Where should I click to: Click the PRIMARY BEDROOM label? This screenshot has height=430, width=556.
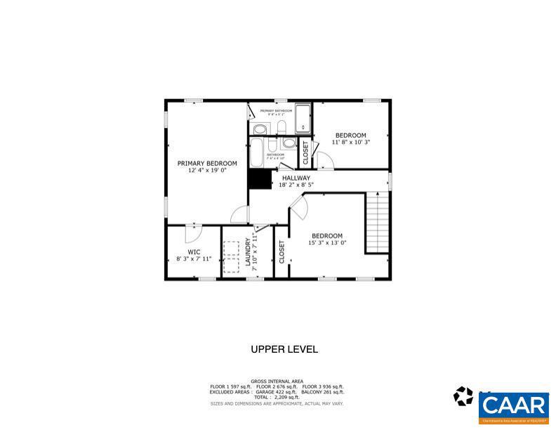point(206,163)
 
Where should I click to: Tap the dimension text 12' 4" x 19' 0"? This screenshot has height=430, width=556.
point(206,171)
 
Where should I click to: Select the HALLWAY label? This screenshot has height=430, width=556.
point(296,178)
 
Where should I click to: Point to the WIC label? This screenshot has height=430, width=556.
point(194,252)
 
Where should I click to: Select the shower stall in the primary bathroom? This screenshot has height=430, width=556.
point(303,118)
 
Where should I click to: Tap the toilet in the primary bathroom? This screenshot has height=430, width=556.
point(279,127)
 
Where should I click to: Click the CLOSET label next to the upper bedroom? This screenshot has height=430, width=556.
point(305,152)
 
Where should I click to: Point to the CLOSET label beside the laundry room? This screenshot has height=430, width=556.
point(282,252)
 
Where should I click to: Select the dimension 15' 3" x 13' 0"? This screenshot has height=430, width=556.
point(327,243)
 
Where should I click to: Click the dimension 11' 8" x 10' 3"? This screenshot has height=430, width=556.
point(350,142)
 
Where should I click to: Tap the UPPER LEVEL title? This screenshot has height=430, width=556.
point(284,349)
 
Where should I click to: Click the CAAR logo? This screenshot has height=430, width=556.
point(514,406)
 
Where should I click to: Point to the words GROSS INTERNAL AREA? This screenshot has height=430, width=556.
point(278,382)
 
